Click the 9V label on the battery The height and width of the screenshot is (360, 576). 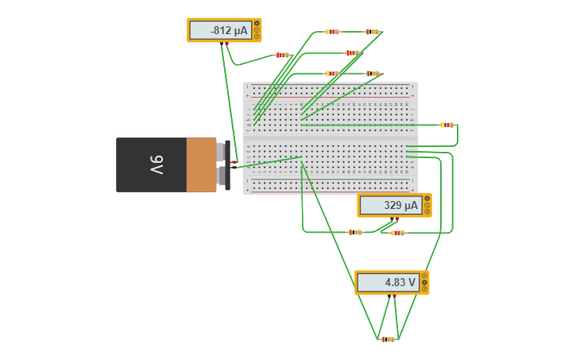coord(157,165)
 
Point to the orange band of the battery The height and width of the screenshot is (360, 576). coord(201,165)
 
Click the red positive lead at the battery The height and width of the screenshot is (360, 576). coord(234,161)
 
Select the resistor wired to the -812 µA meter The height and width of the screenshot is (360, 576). coord(281,55)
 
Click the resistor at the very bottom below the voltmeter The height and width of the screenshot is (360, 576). coord(387,339)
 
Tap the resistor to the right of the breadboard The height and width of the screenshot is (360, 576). coord(446,125)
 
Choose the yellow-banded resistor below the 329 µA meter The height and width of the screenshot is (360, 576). coord(397,233)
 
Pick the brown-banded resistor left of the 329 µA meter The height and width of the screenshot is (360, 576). coord(354,232)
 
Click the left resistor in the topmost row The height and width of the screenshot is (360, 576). coord(332,32)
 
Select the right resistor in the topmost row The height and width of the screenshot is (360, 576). coord(371,32)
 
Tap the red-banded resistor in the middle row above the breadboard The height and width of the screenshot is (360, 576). coord(352,52)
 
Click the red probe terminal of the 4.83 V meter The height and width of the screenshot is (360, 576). coord(394,296)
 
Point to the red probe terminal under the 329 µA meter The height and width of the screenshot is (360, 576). coord(396,219)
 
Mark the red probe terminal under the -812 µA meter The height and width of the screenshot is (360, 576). coord(226,44)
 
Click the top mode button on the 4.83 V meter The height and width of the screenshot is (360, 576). coord(424,276)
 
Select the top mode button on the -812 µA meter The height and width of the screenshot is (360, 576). coord(257,24)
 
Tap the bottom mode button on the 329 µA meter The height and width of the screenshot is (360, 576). coord(427,212)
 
